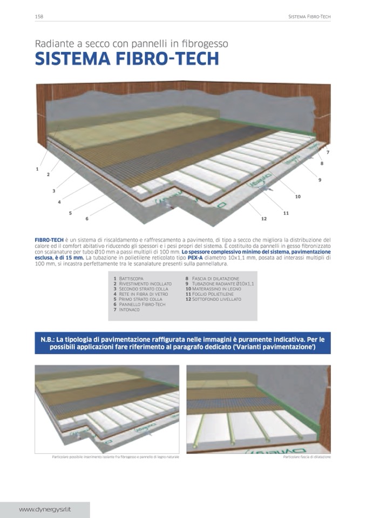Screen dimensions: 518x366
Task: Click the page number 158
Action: (x=39, y=17)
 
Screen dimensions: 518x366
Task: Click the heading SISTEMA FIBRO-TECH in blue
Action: (x=127, y=59)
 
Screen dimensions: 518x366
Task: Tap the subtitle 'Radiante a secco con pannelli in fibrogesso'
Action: (x=131, y=43)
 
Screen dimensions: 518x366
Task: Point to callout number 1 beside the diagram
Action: (x=37, y=169)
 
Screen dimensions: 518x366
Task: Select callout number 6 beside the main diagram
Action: (x=87, y=218)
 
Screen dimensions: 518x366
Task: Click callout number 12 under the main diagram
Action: (x=264, y=219)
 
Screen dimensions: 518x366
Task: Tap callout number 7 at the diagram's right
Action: (x=328, y=153)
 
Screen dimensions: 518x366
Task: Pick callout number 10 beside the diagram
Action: (x=297, y=197)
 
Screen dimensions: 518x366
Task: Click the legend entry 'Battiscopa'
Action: (x=131, y=278)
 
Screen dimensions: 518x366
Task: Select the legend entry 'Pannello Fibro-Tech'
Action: (x=142, y=305)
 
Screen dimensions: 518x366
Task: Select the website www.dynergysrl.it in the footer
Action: (x=45, y=509)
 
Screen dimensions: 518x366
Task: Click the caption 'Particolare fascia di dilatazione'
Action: (x=307, y=457)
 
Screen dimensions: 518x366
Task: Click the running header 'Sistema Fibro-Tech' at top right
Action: (x=309, y=17)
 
